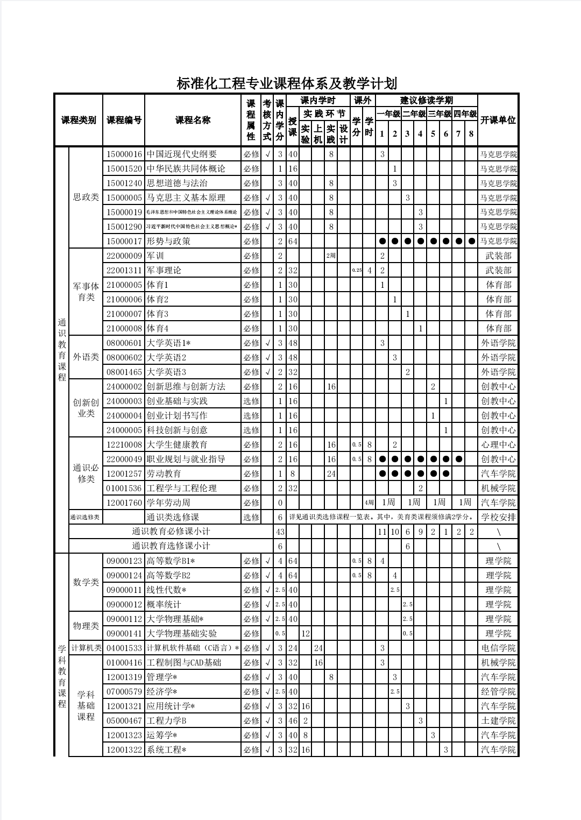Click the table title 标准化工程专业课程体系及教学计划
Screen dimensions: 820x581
click(286, 84)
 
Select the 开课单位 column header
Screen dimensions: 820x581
click(498, 120)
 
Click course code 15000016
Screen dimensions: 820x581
click(124, 154)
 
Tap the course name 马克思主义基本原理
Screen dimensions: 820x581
click(186, 198)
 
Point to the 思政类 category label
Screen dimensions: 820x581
click(86, 197)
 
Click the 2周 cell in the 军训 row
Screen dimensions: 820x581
click(331, 256)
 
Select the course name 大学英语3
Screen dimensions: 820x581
click(167, 372)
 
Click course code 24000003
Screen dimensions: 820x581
click(124, 401)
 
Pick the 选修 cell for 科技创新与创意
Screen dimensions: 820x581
click(251, 430)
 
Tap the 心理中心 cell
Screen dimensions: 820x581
click(498, 445)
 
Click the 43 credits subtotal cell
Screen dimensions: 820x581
click(280, 532)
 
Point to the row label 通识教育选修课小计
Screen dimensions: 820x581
click(171, 546)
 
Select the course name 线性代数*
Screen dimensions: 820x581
click(167, 590)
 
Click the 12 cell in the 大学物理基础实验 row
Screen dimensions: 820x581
click(306, 634)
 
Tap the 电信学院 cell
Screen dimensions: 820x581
click(498, 648)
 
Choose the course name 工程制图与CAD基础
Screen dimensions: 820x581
click(184, 663)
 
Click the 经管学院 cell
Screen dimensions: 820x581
click(498, 692)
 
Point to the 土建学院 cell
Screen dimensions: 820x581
click(498, 721)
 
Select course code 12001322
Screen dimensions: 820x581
click(124, 750)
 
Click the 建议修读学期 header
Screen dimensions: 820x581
click(427, 101)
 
